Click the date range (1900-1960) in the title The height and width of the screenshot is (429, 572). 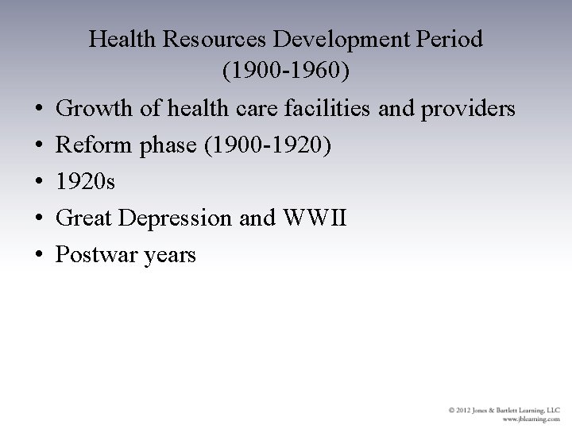tap(285, 71)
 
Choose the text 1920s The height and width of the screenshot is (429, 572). tap(86, 181)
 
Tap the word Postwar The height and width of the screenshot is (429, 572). tap(94, 254)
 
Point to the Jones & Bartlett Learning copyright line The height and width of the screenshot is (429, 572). tap(504, 410)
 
